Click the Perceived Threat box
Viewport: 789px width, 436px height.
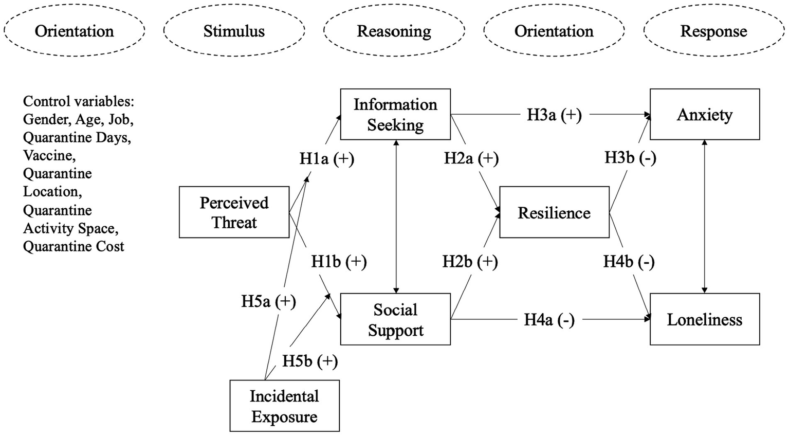click(x=234, y=212)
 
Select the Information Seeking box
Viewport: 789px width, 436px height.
click(x=395, y=114)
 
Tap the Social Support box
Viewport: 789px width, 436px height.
click(x=395, y=319)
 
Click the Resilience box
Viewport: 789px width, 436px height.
click(x=554, y=212)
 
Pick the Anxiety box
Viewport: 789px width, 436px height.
click(x=704, y=114)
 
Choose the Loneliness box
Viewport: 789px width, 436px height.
click(x=704, y=319)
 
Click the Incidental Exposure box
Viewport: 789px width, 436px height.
click(x=284, y=406)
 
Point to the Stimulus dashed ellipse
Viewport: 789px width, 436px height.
click(x=234, y=31)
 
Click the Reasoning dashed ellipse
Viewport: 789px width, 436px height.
click(x=394, y=31)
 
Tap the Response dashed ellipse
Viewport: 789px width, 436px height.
click(x=713, y=31)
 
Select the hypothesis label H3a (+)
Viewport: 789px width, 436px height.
click(x=554, y=115)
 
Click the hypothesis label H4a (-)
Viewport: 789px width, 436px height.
click(x=549, y=320)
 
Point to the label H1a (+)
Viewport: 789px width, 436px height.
click(x=327, y=159)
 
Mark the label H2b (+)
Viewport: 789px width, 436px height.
click(x=470, y=262)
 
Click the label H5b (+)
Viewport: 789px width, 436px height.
click(x=310, y=361)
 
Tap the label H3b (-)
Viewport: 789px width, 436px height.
click(x=630, y=157)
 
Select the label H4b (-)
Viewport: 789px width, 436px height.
click(x=629, y=262)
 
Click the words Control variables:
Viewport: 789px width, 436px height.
click(x=78, y=101)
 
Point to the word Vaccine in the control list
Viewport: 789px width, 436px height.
click(x=49, y=155)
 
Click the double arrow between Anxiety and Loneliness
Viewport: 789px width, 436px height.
click(x=704, y=216)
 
